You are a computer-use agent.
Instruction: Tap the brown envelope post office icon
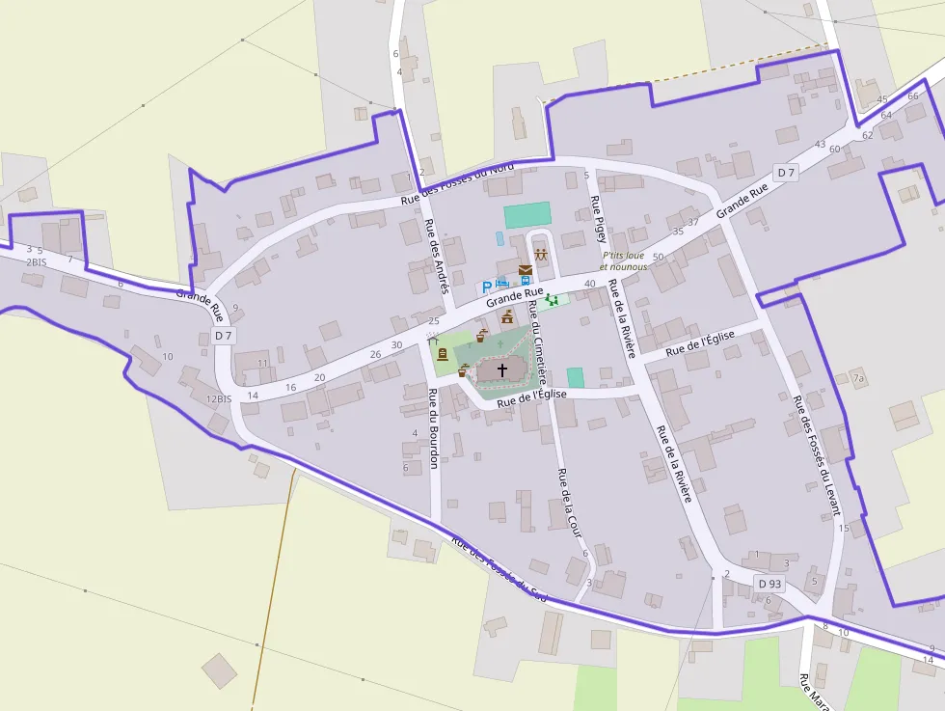[526, 270]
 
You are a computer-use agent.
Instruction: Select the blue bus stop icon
[525, 282]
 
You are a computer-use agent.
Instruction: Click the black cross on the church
[501, 369]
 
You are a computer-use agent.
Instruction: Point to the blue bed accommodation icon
[502, 283]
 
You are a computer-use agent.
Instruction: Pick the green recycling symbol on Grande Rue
[553, 301]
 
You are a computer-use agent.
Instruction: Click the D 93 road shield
[769, 584]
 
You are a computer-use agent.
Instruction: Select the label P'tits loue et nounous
[623, 260]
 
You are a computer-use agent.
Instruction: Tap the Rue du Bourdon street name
[433, 427]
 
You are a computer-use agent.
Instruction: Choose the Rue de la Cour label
[570, 499]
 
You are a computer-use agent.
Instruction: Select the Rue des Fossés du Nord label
[457, 183]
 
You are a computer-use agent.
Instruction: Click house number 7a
[858, 377]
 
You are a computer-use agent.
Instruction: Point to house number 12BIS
[219, 398]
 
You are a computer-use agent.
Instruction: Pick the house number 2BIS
[36, 261]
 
